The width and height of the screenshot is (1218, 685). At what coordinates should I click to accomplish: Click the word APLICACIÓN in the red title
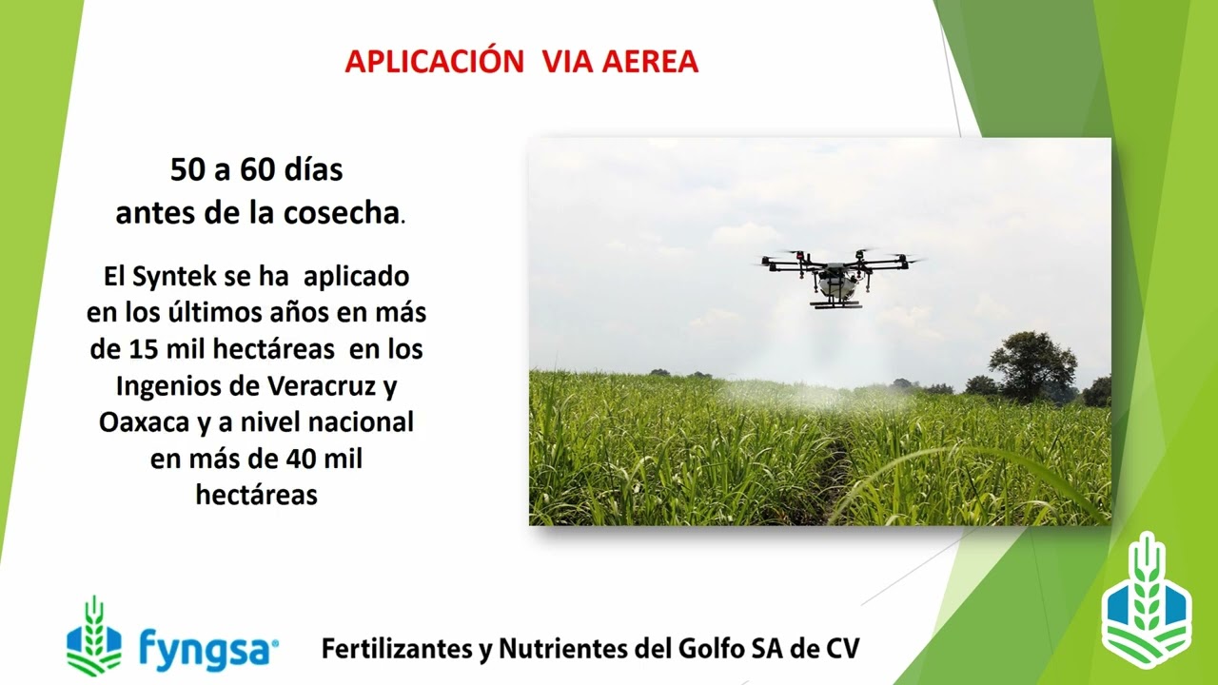coord(434,62)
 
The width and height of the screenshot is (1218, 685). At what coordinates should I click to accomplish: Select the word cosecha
coord(341,213)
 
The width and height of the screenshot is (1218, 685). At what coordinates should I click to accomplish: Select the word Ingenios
coord(167,387)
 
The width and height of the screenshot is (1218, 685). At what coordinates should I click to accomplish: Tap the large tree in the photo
coord(1031,363)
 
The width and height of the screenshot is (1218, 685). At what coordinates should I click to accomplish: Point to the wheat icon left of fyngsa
coord(93,636)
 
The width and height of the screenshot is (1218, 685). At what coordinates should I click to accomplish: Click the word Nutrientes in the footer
coord(554,650)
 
